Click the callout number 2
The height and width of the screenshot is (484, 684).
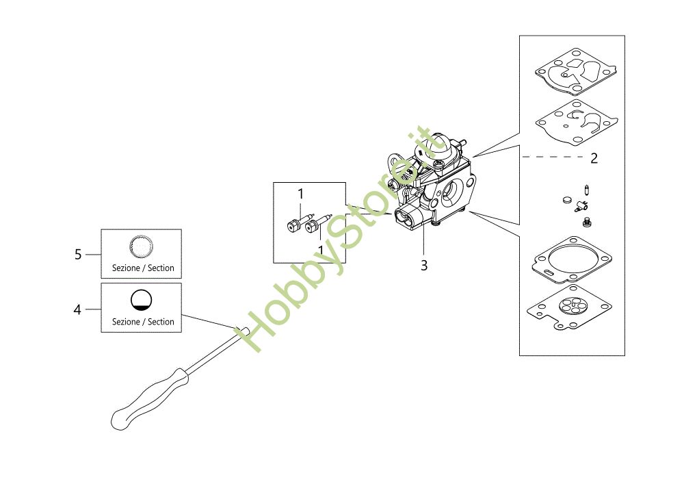(x=594, y=158)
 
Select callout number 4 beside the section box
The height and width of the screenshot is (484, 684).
(x=77, y=310)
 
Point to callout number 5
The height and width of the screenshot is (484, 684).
(x=78, y=255)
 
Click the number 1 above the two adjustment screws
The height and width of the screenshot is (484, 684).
(x=300, y=194)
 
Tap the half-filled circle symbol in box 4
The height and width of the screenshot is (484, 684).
(x=142, y=299)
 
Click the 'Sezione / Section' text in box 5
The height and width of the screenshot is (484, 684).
(x=143, y=268)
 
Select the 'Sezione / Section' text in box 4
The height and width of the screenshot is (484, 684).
(x=143, y=322)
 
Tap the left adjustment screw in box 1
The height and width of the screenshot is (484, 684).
(x=293, y=224)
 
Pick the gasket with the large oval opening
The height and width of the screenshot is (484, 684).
(x=569, y=259)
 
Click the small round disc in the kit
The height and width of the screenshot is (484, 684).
(x=565, y=201)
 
